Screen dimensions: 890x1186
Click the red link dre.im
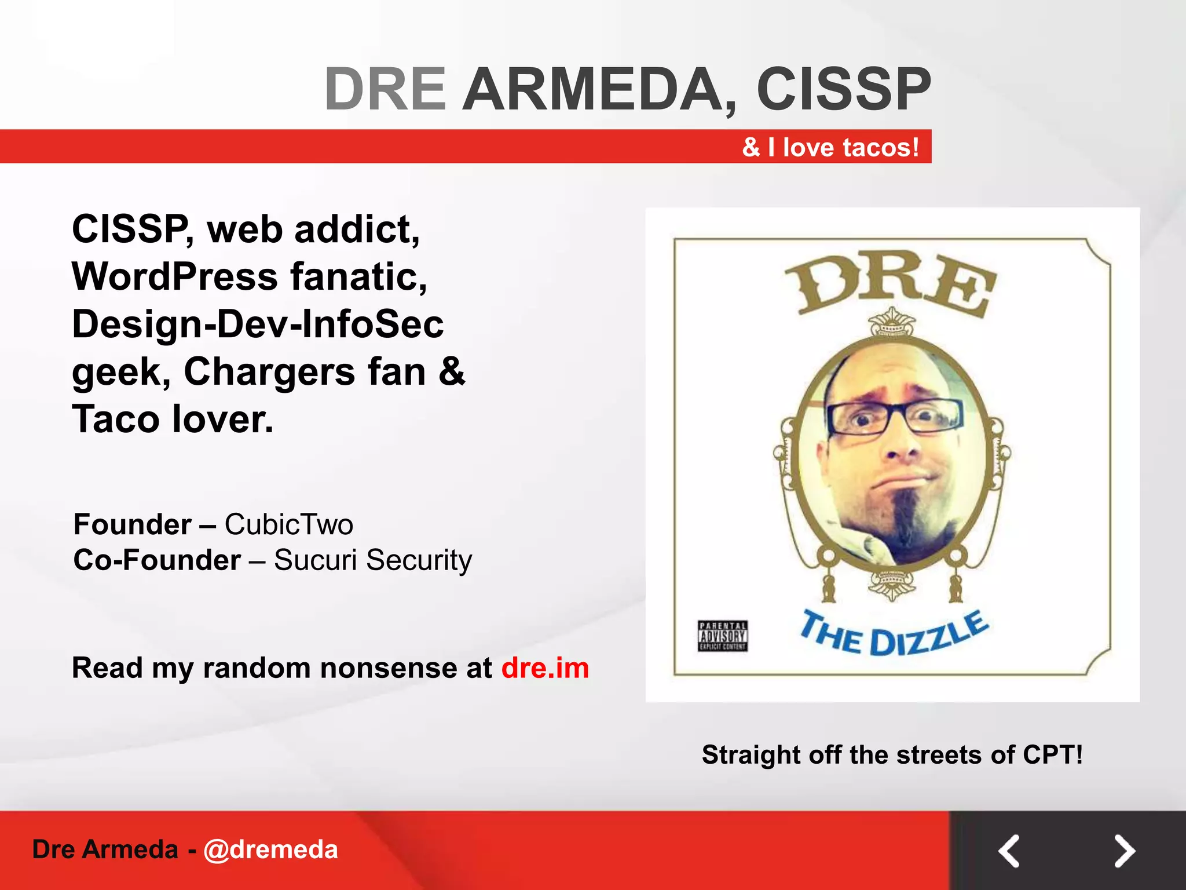click(x=545, y=668)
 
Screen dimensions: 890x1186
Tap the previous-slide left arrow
click(x=1009, y=851)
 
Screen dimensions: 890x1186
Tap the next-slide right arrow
click(x=1124, y=851)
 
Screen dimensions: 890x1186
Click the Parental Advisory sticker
click(x=722, y=636)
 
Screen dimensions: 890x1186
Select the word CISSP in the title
click(x=843, y=89)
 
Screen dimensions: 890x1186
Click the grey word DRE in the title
click(x=385, y=89)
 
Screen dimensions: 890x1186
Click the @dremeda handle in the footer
click(x=270, y=849)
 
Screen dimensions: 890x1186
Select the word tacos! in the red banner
click(x=881, y=147)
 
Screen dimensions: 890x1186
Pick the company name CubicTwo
click(x=288, y=524)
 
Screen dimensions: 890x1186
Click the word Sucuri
click(x=315, y=560)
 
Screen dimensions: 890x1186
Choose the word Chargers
click(x=269, y=371)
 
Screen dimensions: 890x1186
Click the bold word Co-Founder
click(x=157, y=560)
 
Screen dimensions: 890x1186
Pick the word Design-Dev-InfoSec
click(x=258, y=324)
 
